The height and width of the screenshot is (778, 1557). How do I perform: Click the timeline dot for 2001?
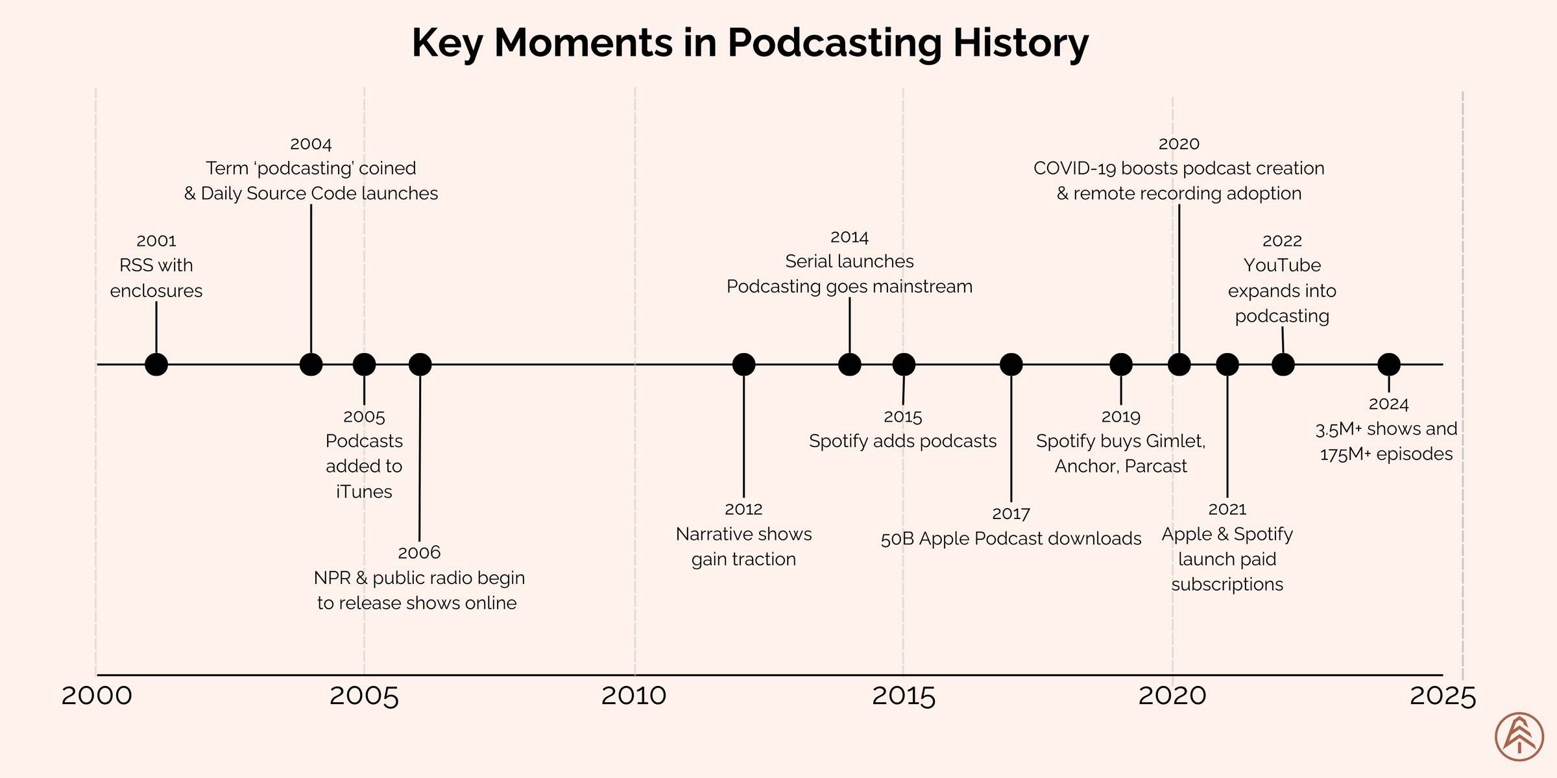pos(156,365)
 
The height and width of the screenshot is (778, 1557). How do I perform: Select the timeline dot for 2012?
pos(743,365)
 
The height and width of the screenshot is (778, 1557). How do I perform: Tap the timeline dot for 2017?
pos(1011,365)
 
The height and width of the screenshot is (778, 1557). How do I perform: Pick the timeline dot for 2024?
pos(1388,365)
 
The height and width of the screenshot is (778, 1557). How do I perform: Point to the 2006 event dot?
pos(420,365)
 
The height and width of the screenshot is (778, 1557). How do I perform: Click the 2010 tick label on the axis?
pos(634,696)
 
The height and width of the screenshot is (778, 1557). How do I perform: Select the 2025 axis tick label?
pos(1443,696)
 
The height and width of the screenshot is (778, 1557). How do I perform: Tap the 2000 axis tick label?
pos(97,696)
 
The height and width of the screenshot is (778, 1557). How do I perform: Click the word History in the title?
pos(1020,43)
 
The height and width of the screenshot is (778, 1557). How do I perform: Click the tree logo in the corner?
pos(1519,736)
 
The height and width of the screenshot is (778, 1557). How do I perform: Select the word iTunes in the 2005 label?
pos(364,492)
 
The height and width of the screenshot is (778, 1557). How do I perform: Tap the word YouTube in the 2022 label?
pos(1282,265)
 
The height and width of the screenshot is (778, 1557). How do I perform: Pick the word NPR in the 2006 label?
pos(332,578)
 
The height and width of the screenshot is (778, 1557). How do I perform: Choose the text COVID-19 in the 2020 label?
pos(1074,169)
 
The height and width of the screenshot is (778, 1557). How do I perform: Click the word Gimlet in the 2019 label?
pos(1175,441)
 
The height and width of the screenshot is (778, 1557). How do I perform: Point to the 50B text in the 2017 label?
pos(897,539)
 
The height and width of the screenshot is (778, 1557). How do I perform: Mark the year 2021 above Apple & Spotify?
pos(1227,509)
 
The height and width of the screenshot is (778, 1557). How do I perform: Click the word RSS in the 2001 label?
pos(134,265)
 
